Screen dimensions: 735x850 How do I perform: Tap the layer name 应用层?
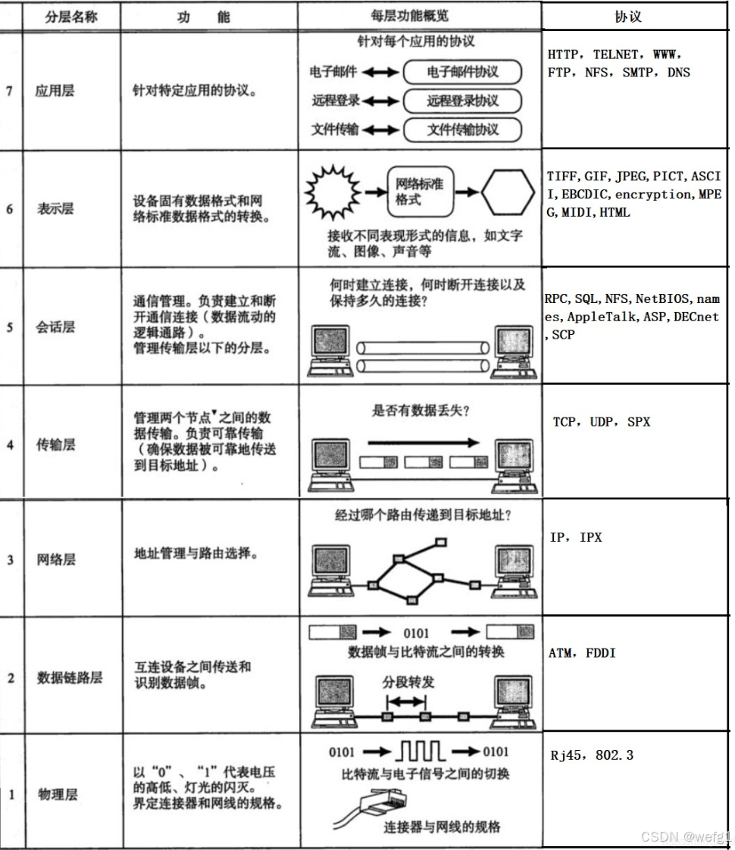pyautogui.click(x=55, y=92)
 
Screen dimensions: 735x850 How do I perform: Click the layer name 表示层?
pyautogui.click(x=55, y=208)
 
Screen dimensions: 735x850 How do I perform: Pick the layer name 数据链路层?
pyautogui.click(x=70, y=677)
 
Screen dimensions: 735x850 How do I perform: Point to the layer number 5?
pyautogui.click(x=10, y=328)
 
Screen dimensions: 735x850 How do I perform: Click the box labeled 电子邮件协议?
pyautogui.click(x=462, y=72)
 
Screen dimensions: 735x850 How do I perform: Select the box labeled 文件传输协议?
pyautogui.click(x=462, y=129)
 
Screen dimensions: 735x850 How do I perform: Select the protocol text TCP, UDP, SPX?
pyautogui.click(x=601, y=422)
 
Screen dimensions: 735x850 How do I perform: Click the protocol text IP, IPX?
pyautogui.click(x=576, y=537)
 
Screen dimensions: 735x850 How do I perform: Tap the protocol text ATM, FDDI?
pyautogui.click(x=581, y=652)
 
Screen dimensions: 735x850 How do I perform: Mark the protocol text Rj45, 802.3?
pyautogui.click(x=592, y=755)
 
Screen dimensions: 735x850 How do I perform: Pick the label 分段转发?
pyautogui.click(x=409, y=682)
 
